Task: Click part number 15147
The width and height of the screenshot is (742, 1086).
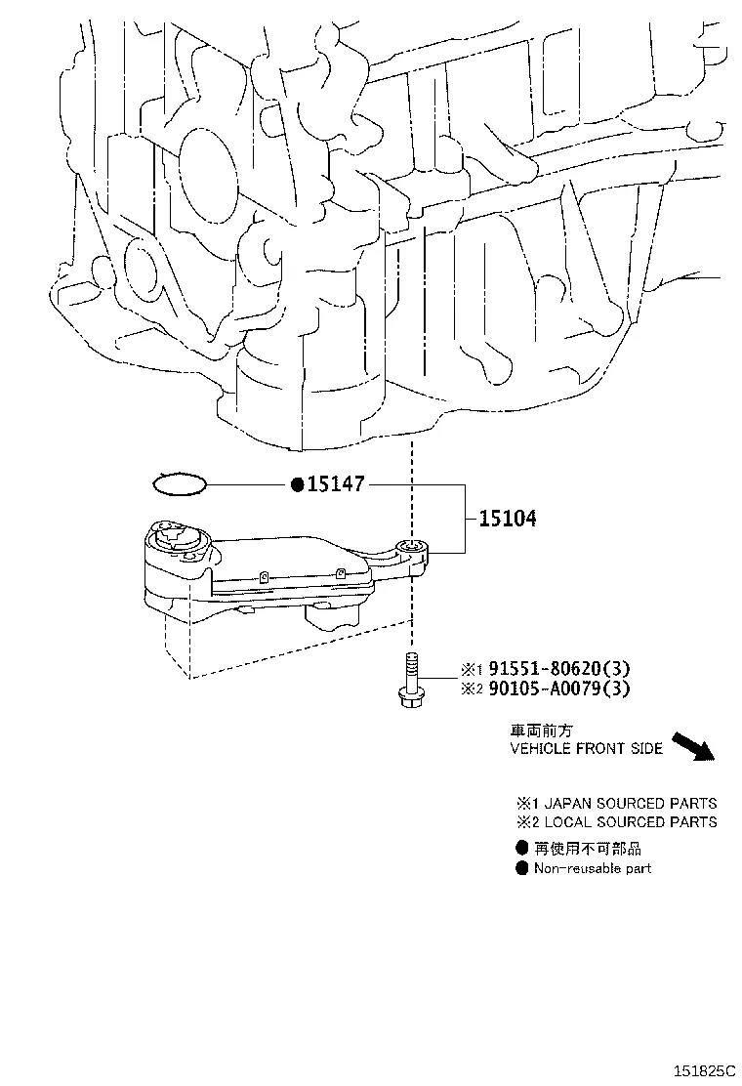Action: tap(337, 484)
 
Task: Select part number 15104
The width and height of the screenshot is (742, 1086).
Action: tap(507, 519)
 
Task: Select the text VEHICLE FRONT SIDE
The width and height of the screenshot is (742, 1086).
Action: tap(586, 749)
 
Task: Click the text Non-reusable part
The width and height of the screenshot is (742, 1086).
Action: tap(592, 868)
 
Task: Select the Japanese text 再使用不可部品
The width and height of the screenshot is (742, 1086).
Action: tap(587, 849)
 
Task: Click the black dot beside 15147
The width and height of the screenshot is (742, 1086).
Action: tap(297, 484)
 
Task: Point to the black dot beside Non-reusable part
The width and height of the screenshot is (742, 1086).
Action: tap(521, 868)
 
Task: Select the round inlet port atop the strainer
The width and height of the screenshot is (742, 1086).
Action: tap(177, 534)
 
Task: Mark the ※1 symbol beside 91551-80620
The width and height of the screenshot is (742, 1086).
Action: tap(473, 670)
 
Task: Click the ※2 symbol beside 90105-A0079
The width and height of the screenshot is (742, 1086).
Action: tap(473, 689)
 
